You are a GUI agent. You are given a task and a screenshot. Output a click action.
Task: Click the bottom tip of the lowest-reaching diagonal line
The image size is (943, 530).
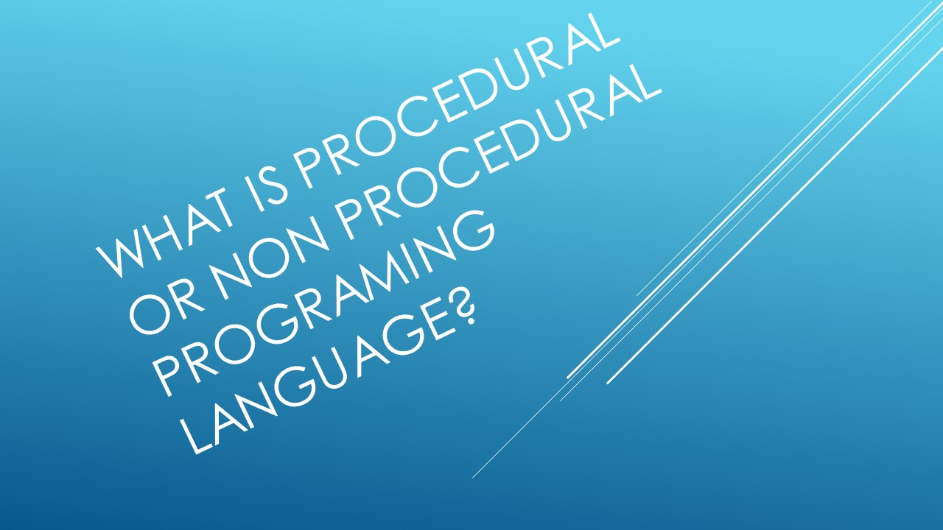click(473, 478)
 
